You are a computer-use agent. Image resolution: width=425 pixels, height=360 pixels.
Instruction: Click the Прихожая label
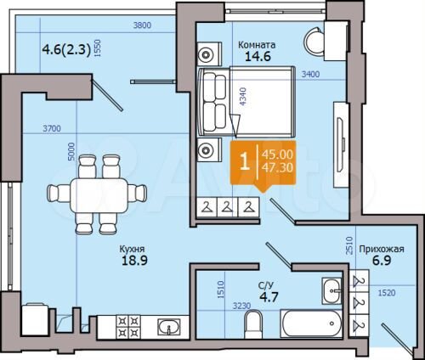coord(380,249)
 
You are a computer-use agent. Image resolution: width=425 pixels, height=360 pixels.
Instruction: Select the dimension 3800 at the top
coord(142,26)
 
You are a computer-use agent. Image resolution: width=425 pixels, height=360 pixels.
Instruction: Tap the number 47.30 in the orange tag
coord(280,169)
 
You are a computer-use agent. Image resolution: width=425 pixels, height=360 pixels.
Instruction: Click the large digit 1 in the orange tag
coord(246,161)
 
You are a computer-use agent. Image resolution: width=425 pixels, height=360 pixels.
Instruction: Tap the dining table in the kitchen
coord(93,192)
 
